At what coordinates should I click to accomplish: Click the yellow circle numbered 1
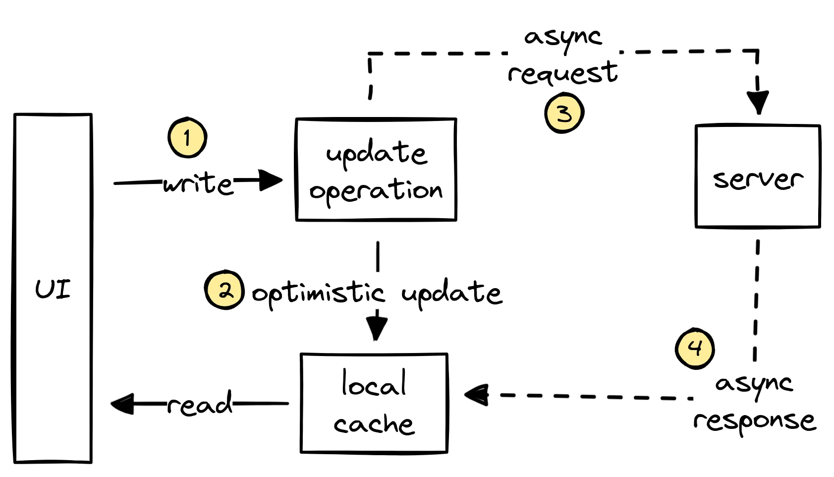tap(187, 137)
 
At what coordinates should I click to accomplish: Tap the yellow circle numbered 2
tap(224, 290)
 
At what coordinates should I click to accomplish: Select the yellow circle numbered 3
tap(564, 114)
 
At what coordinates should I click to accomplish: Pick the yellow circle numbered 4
tap(695, 348)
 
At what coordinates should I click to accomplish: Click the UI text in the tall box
tap(53, 289)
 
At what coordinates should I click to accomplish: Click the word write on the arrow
tap(198, 183)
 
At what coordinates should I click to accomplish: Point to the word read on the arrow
tap(199, 404)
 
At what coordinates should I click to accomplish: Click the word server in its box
tap(758, 179)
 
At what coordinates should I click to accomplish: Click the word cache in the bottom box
tap(374, 424)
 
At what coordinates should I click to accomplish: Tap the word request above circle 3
tap(562, 73)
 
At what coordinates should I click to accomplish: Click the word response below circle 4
tap(754, 421)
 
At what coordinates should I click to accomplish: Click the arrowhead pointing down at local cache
tap(377, 327)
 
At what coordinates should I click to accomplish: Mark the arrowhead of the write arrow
tap(270, 180)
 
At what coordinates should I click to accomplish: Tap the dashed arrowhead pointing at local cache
tap(477, 395)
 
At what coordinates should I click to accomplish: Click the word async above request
tap(563, 37)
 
